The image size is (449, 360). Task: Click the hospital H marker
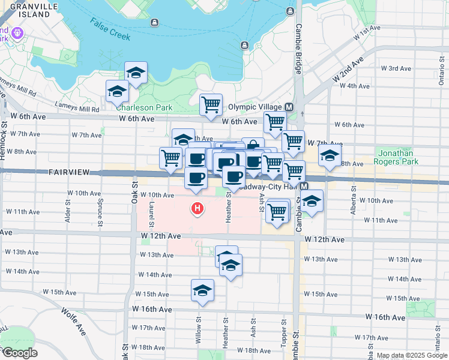coord(196,209)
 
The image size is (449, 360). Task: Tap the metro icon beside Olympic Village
coord(289,107)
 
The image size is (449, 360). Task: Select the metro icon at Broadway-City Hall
coord(304,186)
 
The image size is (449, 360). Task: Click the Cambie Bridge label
coord(298,45)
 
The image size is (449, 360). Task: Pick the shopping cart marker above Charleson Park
coord(211,104)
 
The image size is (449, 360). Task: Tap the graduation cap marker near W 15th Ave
coord(203,290)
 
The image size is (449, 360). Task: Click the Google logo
coord(20,353)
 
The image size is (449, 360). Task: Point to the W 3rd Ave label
coord(400,68)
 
